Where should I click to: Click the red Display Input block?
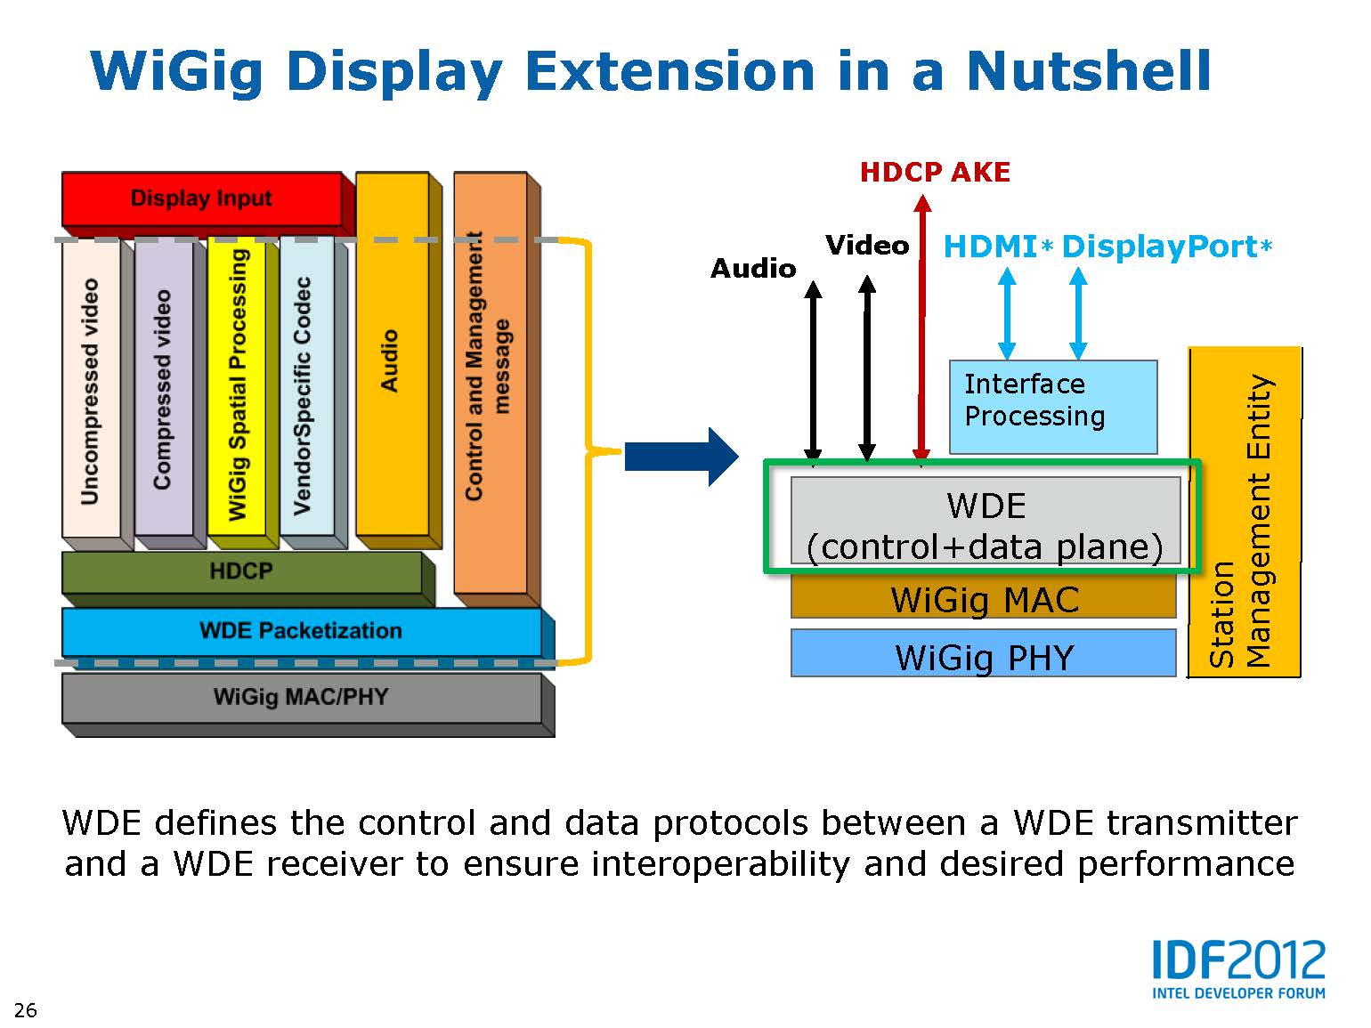(202, 198)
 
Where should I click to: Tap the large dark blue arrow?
(681, 457)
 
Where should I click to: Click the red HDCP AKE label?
(935, 173)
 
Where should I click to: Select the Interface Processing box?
(1053, 407)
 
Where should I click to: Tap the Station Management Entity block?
(1245, 512)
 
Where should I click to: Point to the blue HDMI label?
(998, 247)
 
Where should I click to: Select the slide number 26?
(26, 1010)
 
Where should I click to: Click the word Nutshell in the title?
(1089, 72)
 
